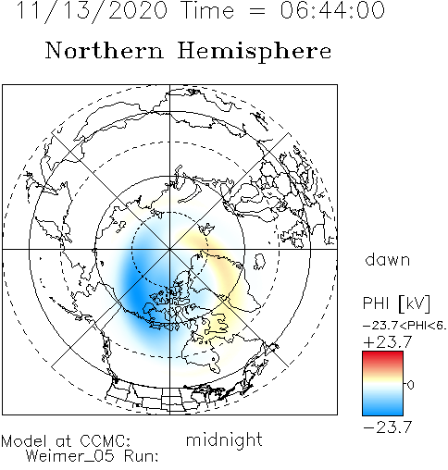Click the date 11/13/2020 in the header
click(x=92, y=10)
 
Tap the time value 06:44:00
click(x=332, y=10)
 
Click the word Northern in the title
click(x=105, y=51)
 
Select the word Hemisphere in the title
click(x=255, y=52)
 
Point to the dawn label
click(x=388, y=260)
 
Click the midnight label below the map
click(x=224, y=439)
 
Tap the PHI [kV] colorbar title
click(x=396, y=303)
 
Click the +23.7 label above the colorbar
click(x=388, y=342)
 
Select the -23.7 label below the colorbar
click(x=388, y=427)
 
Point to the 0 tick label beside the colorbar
click(x=410, y=385)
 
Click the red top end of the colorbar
click(x=382, y=354)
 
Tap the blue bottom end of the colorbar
click(x=382, y=412)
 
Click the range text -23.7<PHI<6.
click(x=404, y=326)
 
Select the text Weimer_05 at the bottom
click(x=70, y=456)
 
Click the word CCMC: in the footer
click(x=106, y=441)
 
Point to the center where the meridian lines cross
click(x=169, y=249)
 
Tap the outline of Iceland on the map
click(x=259, y=262)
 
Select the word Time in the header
click(x=208, y=10)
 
